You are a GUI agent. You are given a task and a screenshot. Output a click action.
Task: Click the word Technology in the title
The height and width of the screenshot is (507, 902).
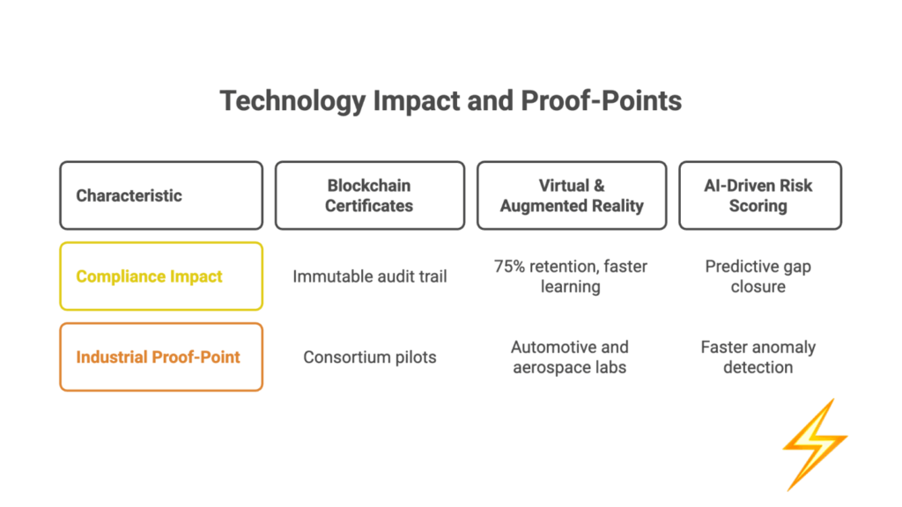292,102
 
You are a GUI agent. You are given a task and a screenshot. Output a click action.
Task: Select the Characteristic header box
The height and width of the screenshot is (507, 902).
161,195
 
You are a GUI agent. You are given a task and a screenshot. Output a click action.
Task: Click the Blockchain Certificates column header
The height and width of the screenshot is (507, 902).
370,195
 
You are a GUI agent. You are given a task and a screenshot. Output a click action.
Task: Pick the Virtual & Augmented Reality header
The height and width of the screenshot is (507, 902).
572,195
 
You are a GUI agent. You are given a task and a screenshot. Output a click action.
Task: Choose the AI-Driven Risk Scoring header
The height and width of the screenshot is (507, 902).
760,195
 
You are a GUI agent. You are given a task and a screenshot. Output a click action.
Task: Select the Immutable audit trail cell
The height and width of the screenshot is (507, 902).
370,276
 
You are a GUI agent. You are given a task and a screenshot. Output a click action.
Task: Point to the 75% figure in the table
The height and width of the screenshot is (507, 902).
509,266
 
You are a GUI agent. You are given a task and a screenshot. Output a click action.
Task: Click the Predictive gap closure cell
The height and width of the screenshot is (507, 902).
758,276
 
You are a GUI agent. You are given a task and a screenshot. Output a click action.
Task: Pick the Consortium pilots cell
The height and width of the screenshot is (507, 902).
370,357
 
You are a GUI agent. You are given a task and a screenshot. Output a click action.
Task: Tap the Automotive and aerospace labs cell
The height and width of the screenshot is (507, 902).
570,357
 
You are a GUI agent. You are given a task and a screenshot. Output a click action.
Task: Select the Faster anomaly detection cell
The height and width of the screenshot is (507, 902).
758,357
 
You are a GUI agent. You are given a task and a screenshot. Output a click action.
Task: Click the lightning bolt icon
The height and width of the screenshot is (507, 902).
815,445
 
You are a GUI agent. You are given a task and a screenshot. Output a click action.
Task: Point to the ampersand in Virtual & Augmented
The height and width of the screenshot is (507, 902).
599,186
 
